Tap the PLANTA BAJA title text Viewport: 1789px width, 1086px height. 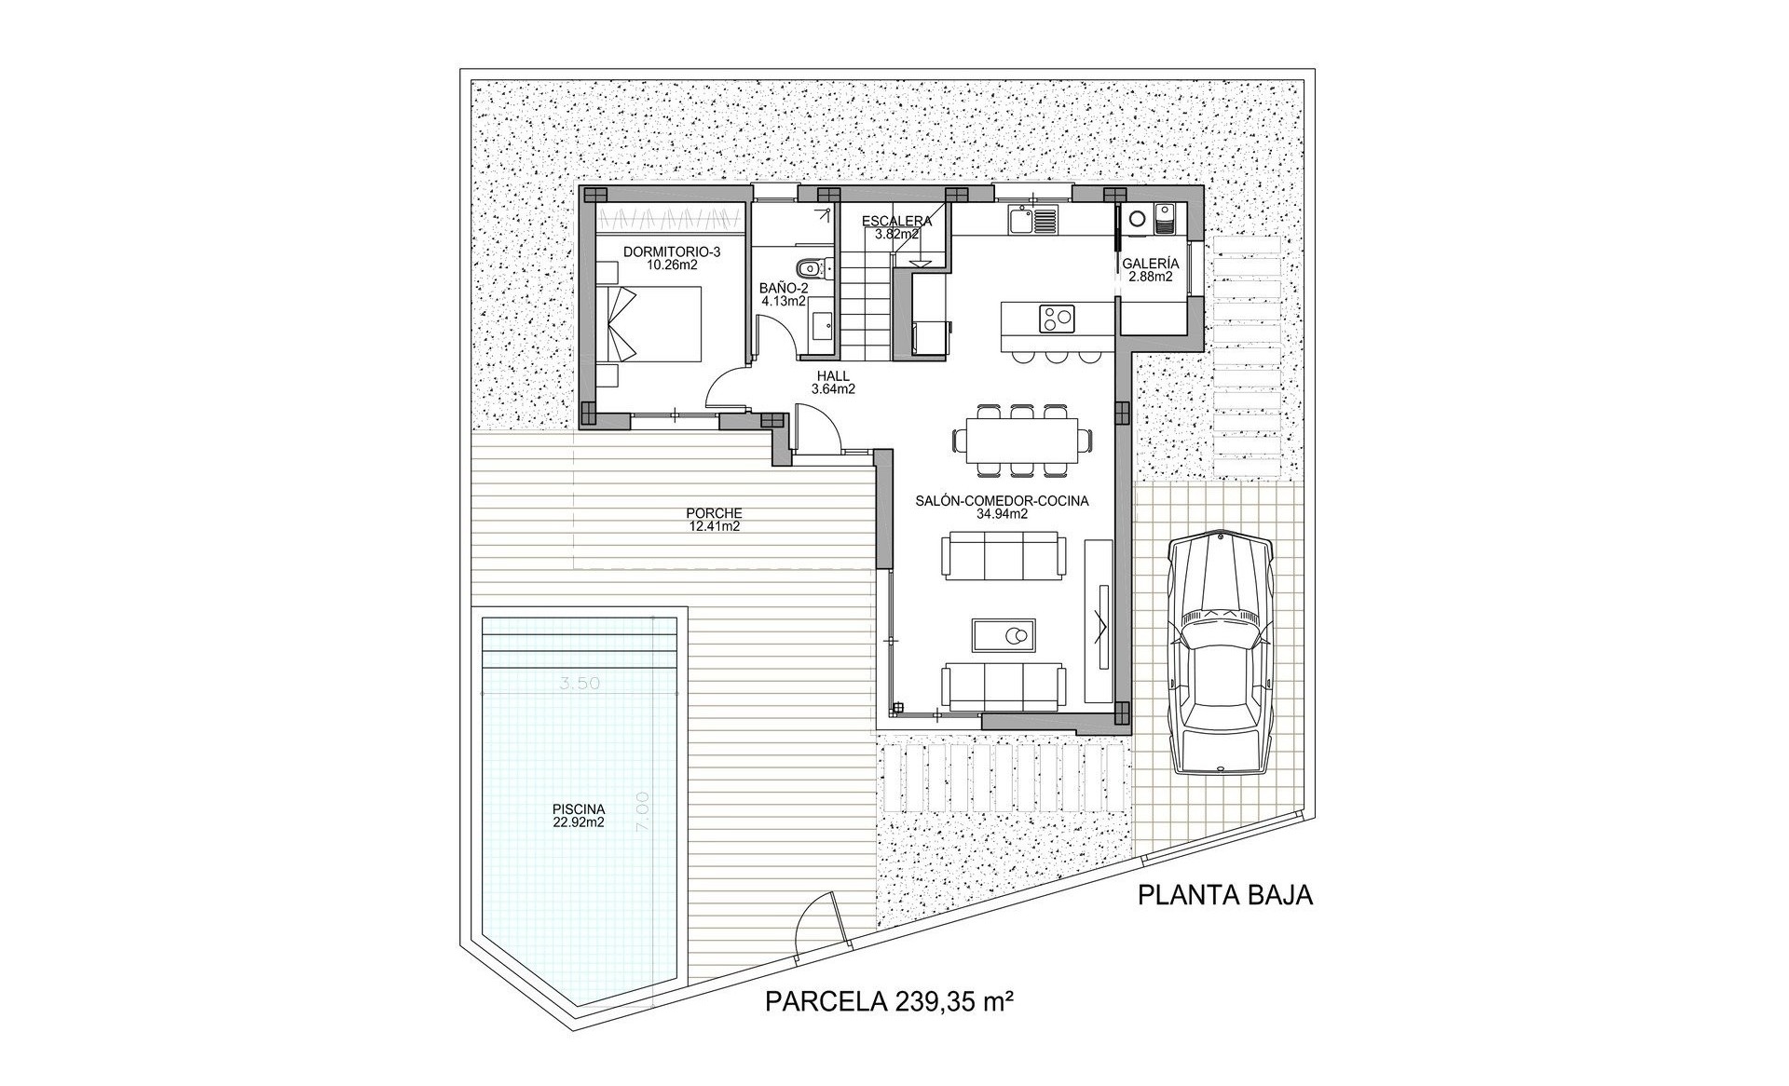1225,896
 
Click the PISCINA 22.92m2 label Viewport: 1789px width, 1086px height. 578,815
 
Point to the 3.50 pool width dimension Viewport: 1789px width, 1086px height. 579,683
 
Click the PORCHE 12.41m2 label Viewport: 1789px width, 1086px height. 714,520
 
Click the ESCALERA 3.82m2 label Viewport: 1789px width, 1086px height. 896,227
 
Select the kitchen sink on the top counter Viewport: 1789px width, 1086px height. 1032,221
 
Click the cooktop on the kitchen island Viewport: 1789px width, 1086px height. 1056,319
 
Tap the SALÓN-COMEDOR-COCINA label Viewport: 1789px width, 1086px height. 1002,507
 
